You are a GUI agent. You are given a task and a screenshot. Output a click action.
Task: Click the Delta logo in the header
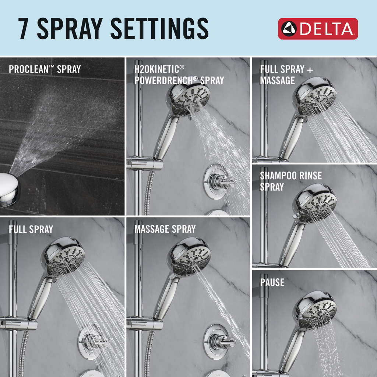tap(318, 29)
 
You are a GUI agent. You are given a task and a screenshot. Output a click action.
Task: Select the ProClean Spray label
tap(45, 69)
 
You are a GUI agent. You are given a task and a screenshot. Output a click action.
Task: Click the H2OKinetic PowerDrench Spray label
tap(179, 75)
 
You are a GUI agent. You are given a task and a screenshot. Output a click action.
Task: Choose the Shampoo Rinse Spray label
tap(291, 181)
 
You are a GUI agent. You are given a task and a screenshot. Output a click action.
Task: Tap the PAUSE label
tap(272, 282)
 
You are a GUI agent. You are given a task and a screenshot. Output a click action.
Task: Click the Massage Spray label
tap(165, 229)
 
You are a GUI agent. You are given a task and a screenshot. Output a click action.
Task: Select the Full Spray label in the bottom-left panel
tap(31, 229)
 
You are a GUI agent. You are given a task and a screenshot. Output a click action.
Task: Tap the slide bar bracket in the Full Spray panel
tap(18, 323)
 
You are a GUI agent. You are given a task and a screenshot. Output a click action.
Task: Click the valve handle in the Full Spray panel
tap(94, 341)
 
